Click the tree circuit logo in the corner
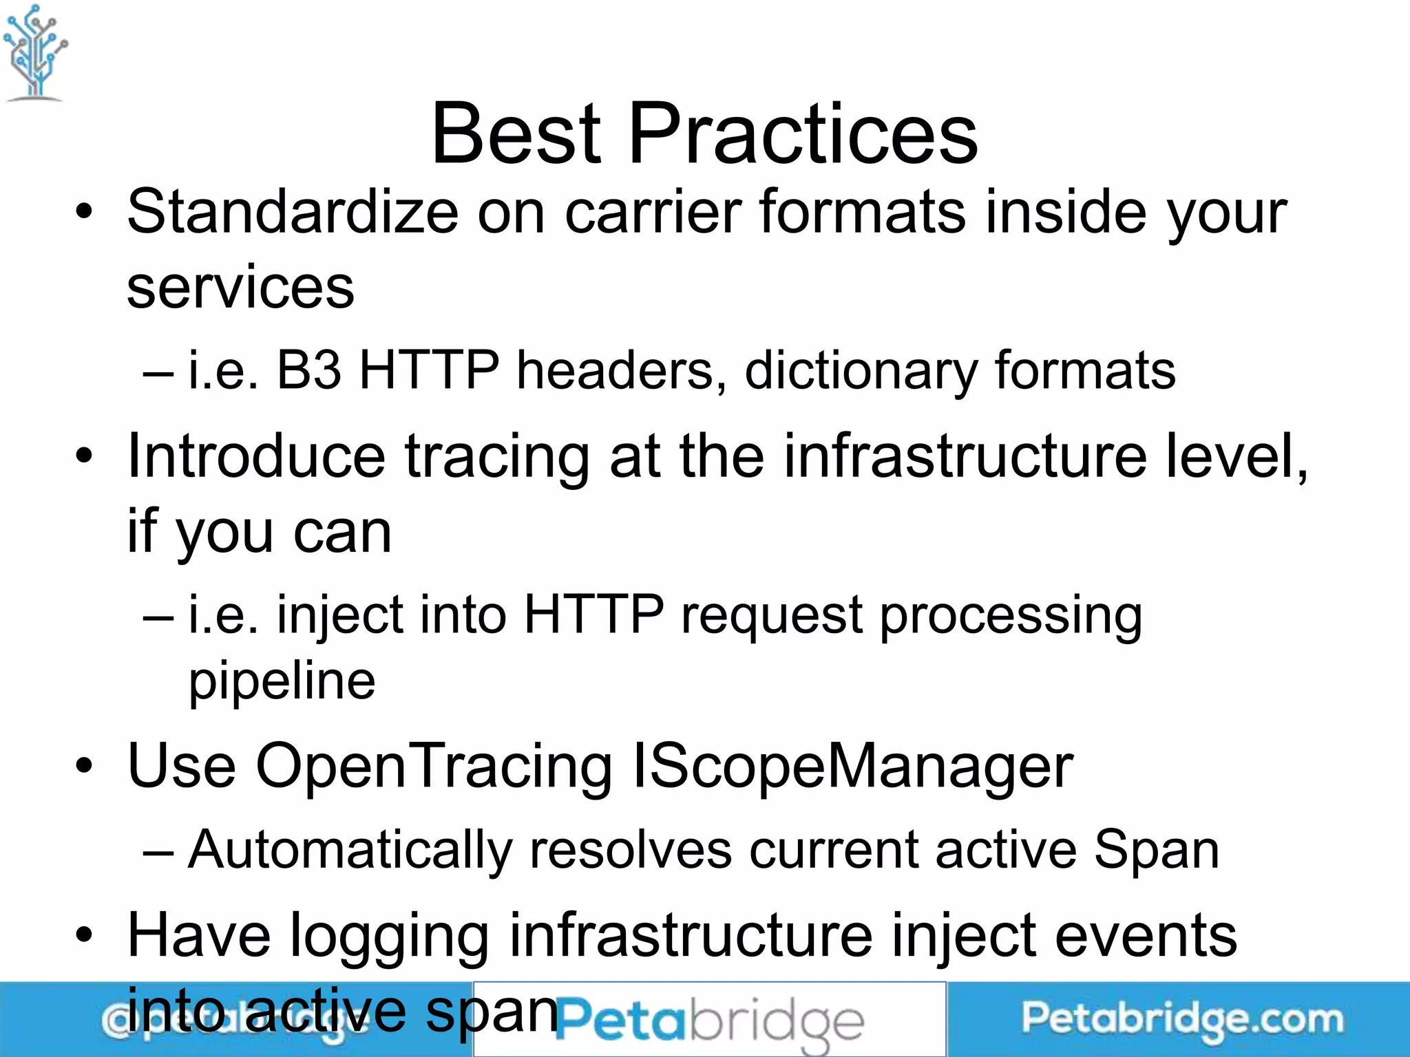pyautogui.click(x=34, y=52)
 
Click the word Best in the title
pyautogui.click(x=516, y=134)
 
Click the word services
pyautogui.click(x=240, y=288)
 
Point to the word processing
pyautogui.click(x=1011, y=616)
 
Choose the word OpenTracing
pyautogui.click(x=434, y=767)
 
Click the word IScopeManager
pyautogui.click(x=852, y=767)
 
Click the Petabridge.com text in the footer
pyautogui.click(x=1181, y=1020)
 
